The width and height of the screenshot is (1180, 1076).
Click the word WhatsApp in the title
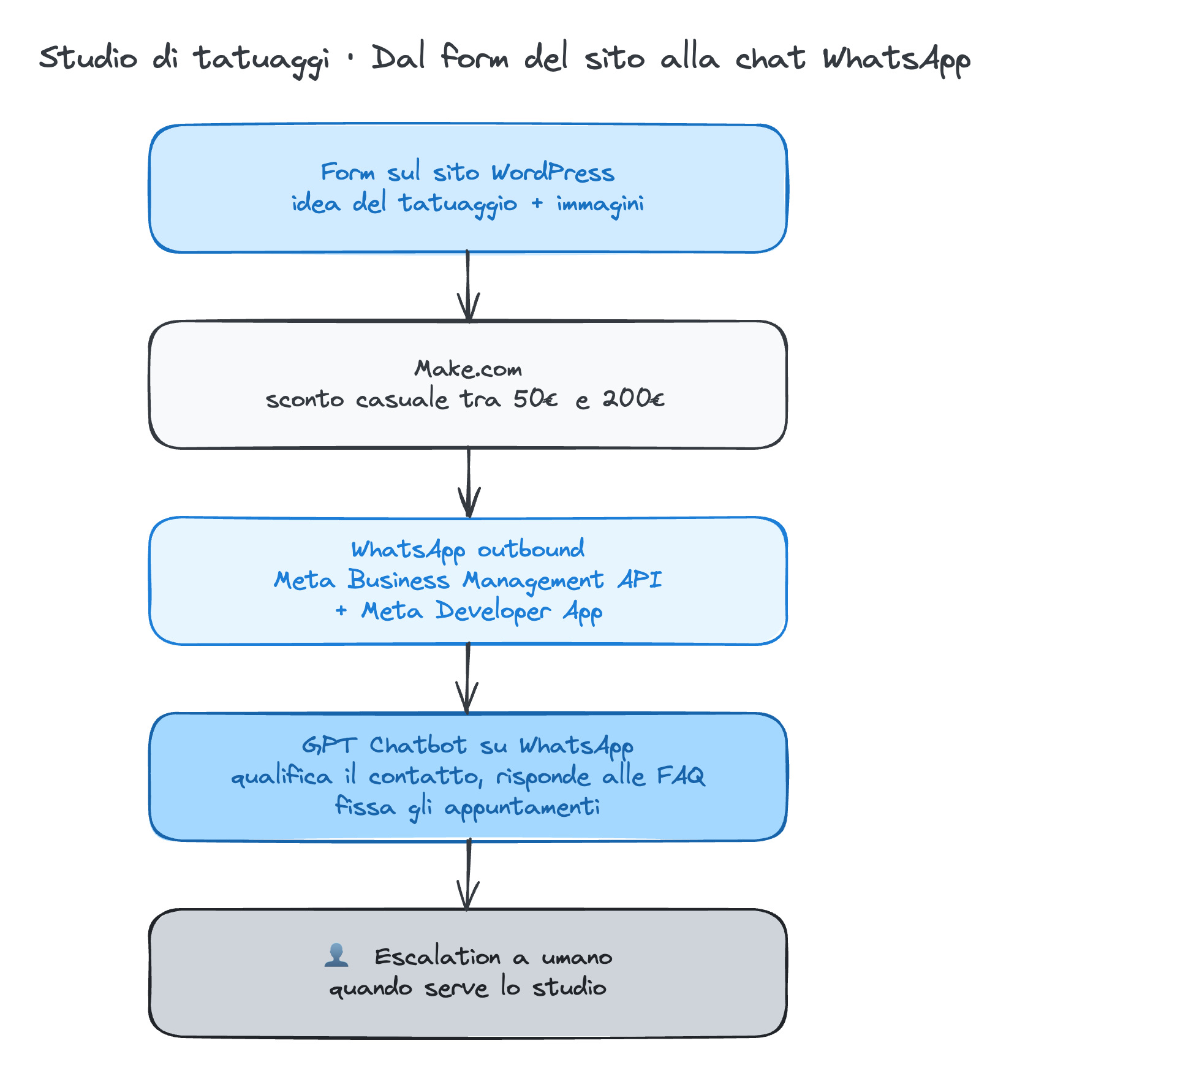(896, 60)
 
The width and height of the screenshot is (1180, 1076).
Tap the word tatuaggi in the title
(262, 60)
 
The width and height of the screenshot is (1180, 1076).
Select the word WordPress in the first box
(553, 172)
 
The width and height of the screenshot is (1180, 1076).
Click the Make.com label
(468, 368)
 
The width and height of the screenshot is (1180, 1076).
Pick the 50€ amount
(535, 399)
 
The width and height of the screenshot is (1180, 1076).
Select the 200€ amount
(633, 399)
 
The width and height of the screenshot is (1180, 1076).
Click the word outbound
(531, 549)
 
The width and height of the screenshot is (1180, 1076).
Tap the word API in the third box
(640, 580)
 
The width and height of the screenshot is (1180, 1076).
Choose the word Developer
(493, 611)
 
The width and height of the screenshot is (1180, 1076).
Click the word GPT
(329, 745)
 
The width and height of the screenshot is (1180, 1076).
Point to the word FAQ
(681, 776)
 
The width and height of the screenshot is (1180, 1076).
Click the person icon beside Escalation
(336, 955)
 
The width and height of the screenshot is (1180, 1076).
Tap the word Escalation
(437, 957)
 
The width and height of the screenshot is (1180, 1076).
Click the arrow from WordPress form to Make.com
(468, 286)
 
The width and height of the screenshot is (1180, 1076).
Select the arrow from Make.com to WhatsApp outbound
(469, 482)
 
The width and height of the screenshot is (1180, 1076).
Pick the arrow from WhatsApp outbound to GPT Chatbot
(467, 678)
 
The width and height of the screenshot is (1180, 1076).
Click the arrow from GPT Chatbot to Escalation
(468, 874)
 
